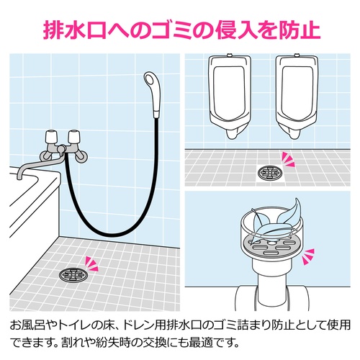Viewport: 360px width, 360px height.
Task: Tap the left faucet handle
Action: [52, 138]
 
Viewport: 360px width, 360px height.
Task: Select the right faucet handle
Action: [74, 137]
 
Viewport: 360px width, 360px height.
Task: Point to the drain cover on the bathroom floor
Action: [74, 274]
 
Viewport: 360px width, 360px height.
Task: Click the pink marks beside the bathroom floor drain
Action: [92, 264]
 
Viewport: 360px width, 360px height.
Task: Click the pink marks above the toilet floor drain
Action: [288, 159]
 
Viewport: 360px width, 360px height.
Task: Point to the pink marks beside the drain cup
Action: [308, 256]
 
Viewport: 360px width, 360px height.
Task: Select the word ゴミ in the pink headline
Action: [171, 30]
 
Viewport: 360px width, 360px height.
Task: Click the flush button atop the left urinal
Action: [230, 55]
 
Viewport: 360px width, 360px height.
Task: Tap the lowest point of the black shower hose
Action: [112, 235]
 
